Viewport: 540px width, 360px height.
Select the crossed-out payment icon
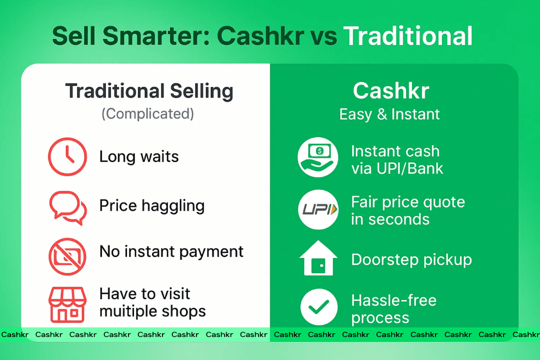[67, 256]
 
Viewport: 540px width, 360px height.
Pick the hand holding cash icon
[318, 157]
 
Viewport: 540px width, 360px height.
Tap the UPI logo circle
[318, 209]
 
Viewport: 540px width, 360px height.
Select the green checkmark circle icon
[318, 307]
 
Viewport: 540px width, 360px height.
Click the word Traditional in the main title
[408, 36]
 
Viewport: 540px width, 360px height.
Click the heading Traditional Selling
[149, 91]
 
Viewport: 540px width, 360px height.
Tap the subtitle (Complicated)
[147, 113]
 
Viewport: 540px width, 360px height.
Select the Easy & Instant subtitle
[389, 114]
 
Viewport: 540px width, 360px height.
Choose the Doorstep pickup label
[411, 260]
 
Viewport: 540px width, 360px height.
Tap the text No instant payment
[171, 252]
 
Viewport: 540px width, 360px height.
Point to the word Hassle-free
[394, 300]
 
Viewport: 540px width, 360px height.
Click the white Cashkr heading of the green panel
[391, 90]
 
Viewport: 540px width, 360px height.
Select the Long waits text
[139, 157]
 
